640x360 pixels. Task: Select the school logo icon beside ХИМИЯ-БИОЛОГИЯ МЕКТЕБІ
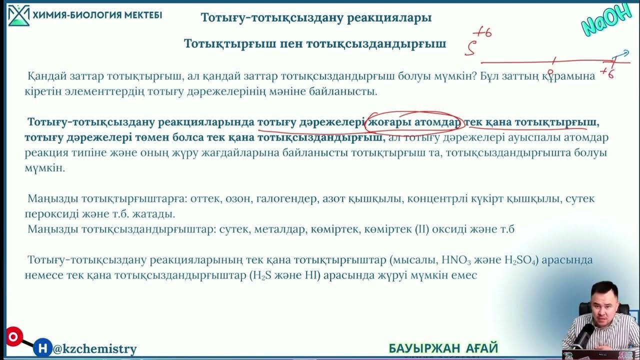coord(18,15)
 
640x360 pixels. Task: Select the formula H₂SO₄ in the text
coord(521,260)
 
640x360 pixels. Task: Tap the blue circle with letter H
coord(43,347)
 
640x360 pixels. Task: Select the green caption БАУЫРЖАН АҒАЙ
coord(443,348)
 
